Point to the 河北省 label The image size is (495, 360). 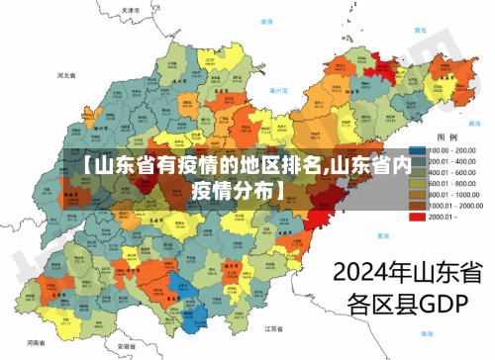tap(67, 75)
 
